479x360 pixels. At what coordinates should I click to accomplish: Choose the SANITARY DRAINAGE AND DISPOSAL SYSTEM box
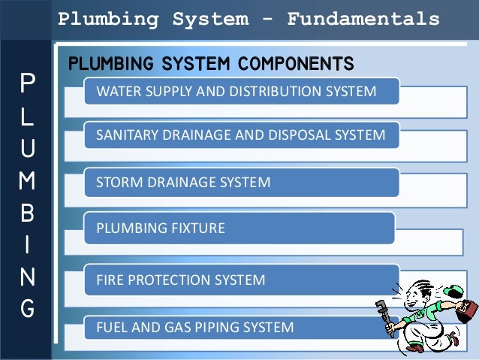(240, 136)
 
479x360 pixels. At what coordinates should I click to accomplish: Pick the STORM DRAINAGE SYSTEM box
(240, 182)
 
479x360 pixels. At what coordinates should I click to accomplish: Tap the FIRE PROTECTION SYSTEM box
(240, 280)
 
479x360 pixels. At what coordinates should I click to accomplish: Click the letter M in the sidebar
(27, 181)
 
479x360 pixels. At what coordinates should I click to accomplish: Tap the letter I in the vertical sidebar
(27, 246)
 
